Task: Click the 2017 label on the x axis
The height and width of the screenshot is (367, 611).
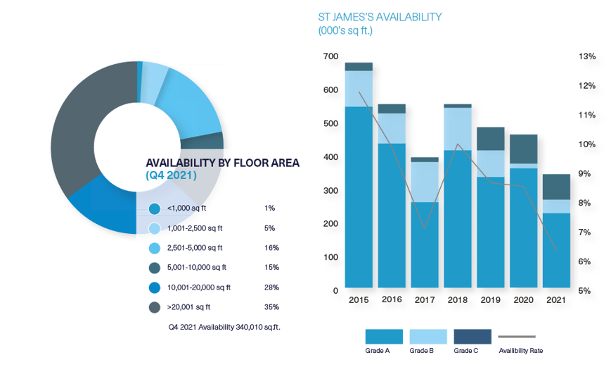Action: click(425, 299)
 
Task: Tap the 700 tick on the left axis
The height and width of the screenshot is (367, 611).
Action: click(330, 56)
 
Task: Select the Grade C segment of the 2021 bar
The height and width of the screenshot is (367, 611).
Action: click(557, 187)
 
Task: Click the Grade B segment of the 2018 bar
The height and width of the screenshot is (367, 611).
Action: click(458, 129)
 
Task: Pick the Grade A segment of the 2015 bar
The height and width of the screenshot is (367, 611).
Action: click(359, 197)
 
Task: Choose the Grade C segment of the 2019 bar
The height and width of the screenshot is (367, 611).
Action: click(491, 139)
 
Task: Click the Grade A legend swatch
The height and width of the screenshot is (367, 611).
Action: click(384, 337)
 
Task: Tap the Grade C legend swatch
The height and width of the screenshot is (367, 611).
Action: click(472, 337)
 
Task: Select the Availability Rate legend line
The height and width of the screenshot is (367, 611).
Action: click(516, 337)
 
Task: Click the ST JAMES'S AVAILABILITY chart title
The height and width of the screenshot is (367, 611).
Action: click(380, 18)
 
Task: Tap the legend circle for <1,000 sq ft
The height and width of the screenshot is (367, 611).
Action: click(155, 209)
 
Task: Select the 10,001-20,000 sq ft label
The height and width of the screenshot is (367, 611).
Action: click(200, 287)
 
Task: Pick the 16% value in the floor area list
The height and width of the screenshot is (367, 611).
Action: click(271, 248)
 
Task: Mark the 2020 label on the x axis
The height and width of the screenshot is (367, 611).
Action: click(524, 299)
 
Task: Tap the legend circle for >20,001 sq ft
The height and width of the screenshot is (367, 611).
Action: click(155, 307)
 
